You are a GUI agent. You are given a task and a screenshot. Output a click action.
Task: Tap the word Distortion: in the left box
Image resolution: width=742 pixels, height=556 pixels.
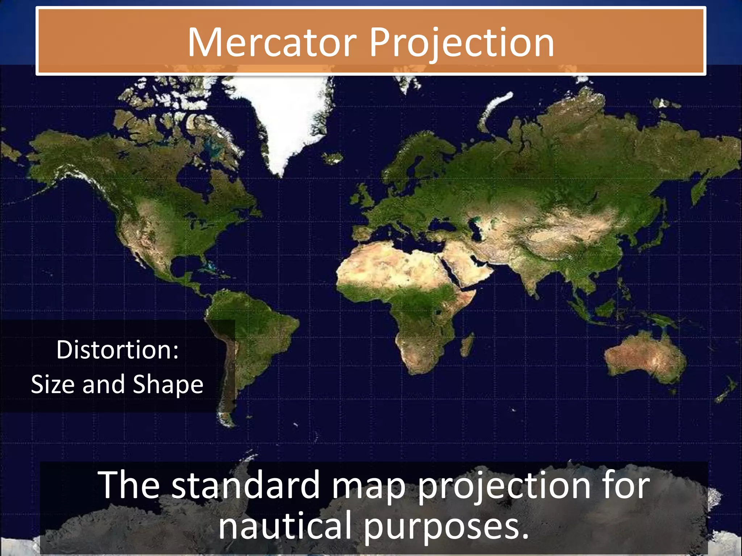[117, 350]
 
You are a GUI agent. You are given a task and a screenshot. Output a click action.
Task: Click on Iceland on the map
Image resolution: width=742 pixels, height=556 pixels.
[333, 158]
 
